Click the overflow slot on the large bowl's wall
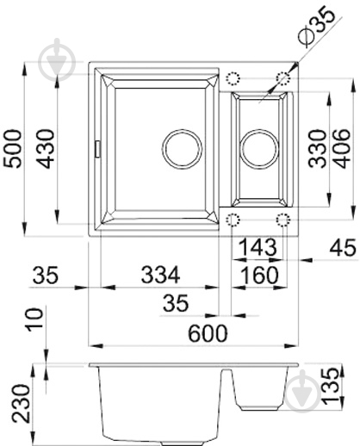(96, 148)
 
